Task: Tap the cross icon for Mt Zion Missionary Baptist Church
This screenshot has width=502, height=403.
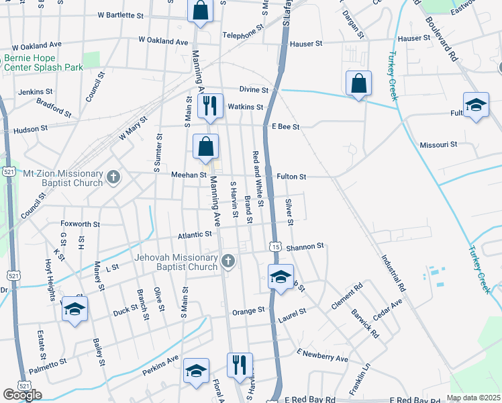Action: tap(113, 178)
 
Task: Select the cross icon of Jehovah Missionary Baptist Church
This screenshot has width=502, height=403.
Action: tap(228, 261)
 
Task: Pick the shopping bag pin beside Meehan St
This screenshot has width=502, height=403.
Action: tap(205, 146)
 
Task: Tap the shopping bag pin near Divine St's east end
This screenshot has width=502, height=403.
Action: tap(359, 83)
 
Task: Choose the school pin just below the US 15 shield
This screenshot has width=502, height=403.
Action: tap(281, 275)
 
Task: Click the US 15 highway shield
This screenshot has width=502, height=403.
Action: tap(275, 247)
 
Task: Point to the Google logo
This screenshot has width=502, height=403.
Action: tap(22, 395)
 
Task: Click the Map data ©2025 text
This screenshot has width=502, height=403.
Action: tap(474, 398)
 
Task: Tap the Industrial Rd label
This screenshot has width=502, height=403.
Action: tap(394, 272)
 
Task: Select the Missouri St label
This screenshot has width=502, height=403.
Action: tap(438, 144)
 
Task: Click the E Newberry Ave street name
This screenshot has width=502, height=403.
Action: tap(322, 355)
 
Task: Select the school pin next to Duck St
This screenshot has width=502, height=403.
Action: tap(74, 309)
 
